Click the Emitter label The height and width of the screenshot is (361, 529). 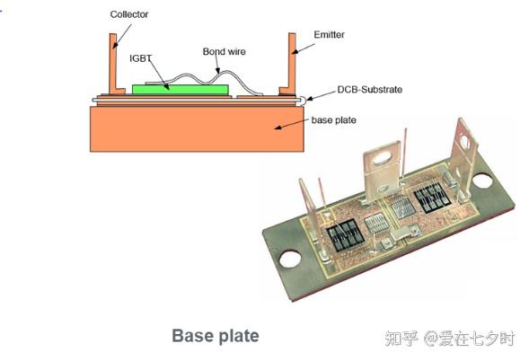point(329,34)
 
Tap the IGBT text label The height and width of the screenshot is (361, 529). point(142,57)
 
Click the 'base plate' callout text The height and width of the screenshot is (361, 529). point(334,119)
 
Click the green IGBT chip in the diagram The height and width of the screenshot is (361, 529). point(166,89)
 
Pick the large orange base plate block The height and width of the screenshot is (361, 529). point(193,128)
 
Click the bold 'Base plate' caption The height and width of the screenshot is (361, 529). point(215,336)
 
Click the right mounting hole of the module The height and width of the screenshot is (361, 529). point(482,181)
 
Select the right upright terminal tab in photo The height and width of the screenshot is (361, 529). point(464,148)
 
